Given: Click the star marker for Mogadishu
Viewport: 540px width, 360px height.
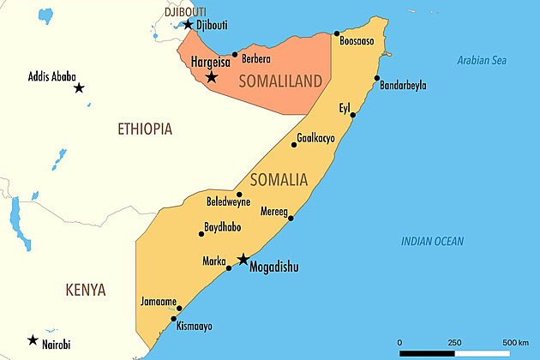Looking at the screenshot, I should (243, 259).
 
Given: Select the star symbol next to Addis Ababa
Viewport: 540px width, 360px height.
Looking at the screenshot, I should (79, 87).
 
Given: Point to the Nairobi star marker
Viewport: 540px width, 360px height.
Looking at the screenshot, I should (32, 340).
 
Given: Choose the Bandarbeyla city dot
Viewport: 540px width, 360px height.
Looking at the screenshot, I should (376, 79).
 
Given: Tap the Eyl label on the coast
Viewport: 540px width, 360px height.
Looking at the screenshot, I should (345, 107).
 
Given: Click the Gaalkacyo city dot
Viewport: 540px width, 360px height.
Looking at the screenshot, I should (294, 145).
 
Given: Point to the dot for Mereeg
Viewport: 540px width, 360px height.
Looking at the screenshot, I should (291, 218).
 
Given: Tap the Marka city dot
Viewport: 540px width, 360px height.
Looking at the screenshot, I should (229, 268).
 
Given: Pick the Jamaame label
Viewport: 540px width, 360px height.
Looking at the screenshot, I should (159, 301).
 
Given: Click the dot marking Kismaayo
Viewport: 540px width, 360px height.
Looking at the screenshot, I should (174, 319).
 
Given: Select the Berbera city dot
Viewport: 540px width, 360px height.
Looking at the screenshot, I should (235, 54).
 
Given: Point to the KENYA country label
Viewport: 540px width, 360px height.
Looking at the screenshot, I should (86, 290).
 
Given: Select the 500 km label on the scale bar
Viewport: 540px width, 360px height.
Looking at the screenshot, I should (516, 343).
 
